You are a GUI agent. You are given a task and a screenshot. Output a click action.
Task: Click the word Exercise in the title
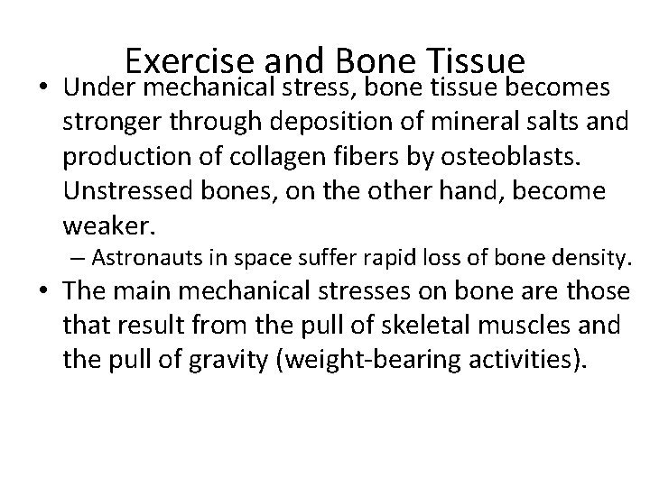190,61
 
